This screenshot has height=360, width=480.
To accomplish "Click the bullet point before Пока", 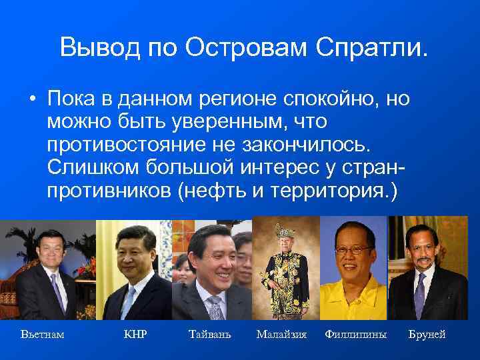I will (31, 101).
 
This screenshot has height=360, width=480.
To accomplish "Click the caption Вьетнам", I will (43, 334).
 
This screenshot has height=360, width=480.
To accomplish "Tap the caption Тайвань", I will (210, 334).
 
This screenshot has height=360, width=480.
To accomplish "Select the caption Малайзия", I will (281, 334).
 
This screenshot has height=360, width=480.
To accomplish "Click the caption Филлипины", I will (355, 334).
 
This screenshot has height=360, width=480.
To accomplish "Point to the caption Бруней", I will (427, 334).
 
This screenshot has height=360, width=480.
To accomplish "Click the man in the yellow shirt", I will (353, 273).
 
